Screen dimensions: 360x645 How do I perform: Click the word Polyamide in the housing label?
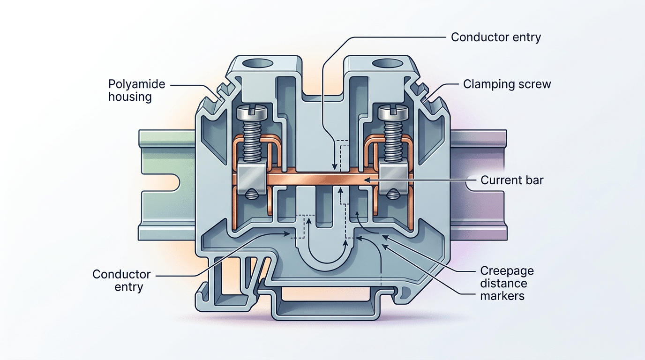[137, 84]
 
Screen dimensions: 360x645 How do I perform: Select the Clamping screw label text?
[507, 84]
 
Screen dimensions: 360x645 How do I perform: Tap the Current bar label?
[512, 180]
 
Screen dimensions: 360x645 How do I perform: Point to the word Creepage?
[507, 271]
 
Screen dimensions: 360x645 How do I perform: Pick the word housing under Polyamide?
[130, 97]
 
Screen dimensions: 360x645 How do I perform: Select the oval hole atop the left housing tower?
[257, 62]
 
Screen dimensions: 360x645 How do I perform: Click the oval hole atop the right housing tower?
[384, 62]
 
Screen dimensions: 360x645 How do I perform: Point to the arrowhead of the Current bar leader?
[367, 180]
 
